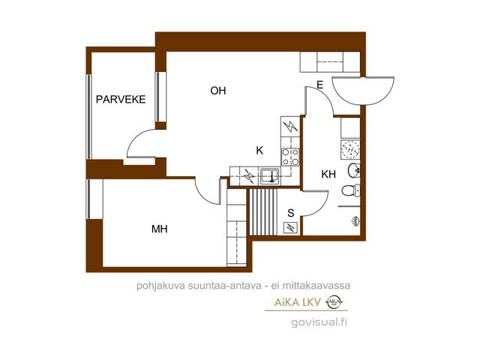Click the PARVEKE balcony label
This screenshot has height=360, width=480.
click(121, 100)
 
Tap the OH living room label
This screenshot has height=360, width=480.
click(218, 91)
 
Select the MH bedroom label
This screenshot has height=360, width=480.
click(160, 229)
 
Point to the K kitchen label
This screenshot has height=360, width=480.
click(259, 150)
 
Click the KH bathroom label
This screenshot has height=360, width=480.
click(328, 174)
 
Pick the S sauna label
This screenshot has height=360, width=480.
click(291, 213)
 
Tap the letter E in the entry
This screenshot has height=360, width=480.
click(320, 85)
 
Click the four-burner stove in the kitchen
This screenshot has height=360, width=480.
click(290, 157)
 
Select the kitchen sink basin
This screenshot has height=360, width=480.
click(269, 176)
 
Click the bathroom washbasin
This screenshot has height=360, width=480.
click(354, 171)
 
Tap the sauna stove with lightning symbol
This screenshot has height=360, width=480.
click(290, 227)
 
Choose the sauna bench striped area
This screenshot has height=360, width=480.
click(263, 211)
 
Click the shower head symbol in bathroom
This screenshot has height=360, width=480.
click(355, 220)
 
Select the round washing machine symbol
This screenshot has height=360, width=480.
click(350, 149)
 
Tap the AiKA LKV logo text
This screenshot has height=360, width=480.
click(297, 303)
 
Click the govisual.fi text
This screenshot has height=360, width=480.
click(319, 322)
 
